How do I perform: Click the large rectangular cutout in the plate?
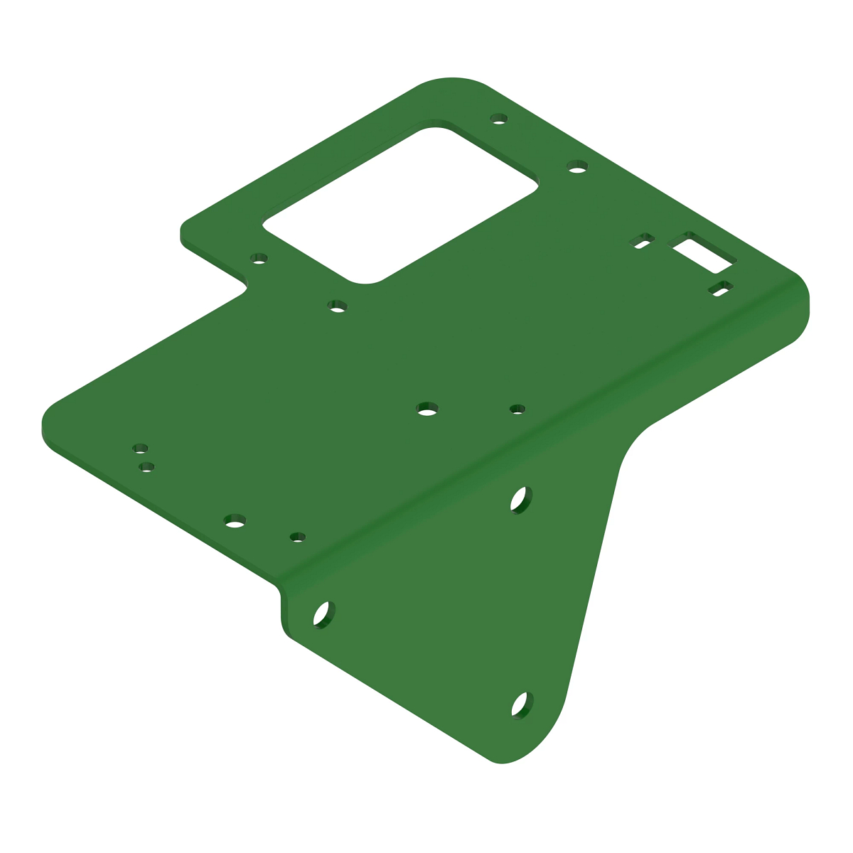point(400,205)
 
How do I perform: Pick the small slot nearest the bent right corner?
point(721,289)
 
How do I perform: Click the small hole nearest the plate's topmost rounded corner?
point(500,118)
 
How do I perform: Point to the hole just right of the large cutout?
point(577,166)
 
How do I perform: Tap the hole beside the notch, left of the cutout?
point(259,258)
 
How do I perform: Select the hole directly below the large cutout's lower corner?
point(338,306)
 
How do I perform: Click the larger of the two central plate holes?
point(426,409)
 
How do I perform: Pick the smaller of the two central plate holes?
point(517,409)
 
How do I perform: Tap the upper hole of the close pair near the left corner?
point(141,449)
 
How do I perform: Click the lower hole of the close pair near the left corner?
point(147,467)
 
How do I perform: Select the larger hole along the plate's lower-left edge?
point(235,521)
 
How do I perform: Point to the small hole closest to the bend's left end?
point(298,537)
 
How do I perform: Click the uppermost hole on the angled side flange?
point(521,500)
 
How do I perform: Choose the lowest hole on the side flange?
point(522,704)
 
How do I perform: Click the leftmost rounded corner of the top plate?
point(45,426)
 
